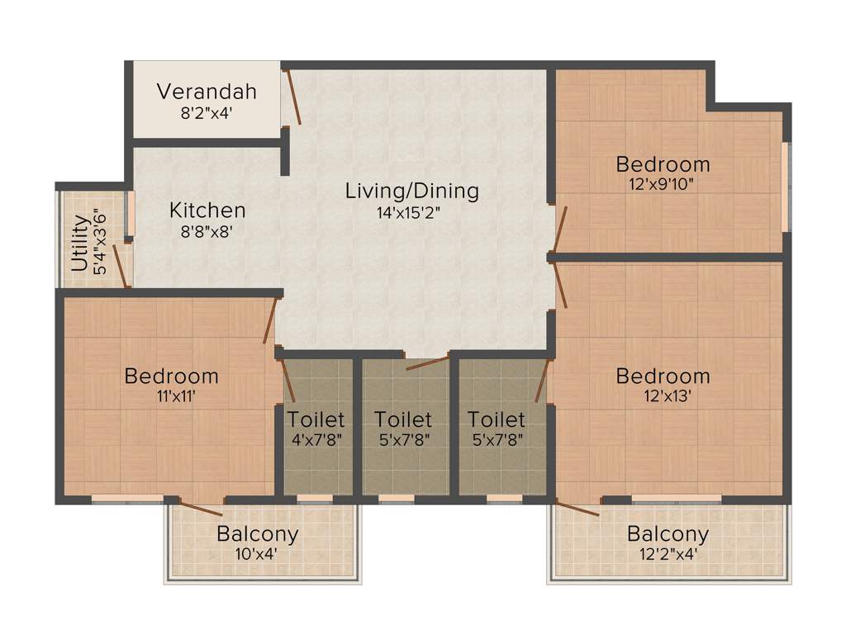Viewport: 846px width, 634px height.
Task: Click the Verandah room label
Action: coord(207,91)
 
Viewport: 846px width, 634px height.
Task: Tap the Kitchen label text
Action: coord(207,210)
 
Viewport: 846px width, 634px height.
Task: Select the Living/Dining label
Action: coord(411,191)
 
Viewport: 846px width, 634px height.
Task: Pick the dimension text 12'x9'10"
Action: coord(663,183)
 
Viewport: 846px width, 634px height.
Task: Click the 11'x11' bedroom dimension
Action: coord(171,395)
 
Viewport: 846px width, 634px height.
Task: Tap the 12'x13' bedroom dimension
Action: coord(663,395)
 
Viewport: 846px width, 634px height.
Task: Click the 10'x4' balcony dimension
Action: coord(257,553)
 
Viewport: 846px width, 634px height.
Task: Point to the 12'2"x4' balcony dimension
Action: coord(668,553)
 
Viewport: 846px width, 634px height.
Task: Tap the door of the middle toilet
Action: coord(427,362)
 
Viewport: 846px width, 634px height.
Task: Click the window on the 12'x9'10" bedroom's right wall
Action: coord(786,187)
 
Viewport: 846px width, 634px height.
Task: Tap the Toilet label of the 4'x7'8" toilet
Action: coord(316,420)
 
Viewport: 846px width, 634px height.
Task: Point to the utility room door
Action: coord(120,265)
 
